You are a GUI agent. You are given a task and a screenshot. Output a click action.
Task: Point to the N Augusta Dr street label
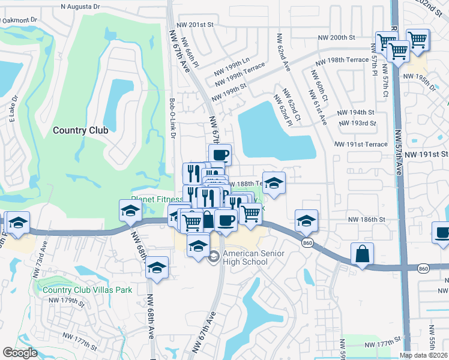tap(80, 7)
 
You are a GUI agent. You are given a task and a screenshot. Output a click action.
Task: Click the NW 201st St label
tap(196, 25)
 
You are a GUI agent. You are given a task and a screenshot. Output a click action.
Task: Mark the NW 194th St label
tap(355, 112)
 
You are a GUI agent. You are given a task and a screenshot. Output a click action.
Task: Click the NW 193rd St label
tap(357, 124)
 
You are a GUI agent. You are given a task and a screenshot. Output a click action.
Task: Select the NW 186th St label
tap(366, 220)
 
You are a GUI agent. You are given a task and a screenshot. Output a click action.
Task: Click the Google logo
tap(20, 352)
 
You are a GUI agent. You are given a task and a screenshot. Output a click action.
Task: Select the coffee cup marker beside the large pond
tap(220, 155)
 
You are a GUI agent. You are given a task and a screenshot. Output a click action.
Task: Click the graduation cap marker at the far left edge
tap(17, 223)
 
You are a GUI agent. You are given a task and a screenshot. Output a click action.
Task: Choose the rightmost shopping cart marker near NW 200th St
tap(418, 40)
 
